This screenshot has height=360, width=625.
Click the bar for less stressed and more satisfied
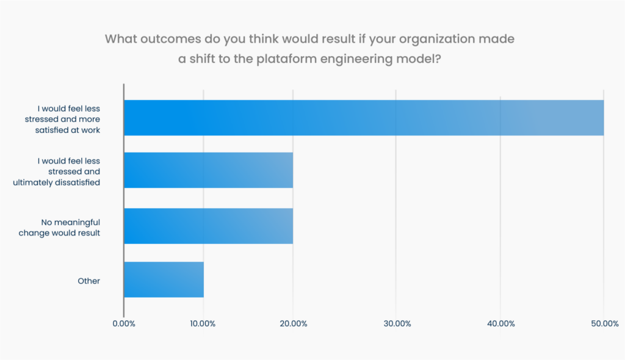pyautogui.click(x=364, y=118)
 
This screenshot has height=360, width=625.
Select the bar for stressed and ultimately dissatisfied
pyautogui.click(x=208, y=170)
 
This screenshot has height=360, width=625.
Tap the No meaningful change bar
pyautogui.click(x=208, y=226)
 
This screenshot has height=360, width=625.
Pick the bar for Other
pyautogui.click(x=164, y=279)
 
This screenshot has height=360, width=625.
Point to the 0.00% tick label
pyautogui.click(x=124, y=323)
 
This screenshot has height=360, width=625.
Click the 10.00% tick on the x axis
pyautogui.click(x=203, y=323)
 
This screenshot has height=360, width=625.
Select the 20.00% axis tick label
pyautogui.click(x=293, y=323)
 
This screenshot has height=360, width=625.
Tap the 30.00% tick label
pyautogui.click(x=396, y=323)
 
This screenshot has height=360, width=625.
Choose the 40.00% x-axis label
pyautogui.click(x=500, y=323)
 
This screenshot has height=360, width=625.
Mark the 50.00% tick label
pyautogui.click(x=604, y=323)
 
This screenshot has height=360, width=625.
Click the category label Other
pyautogui.click(x=89, y=281)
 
